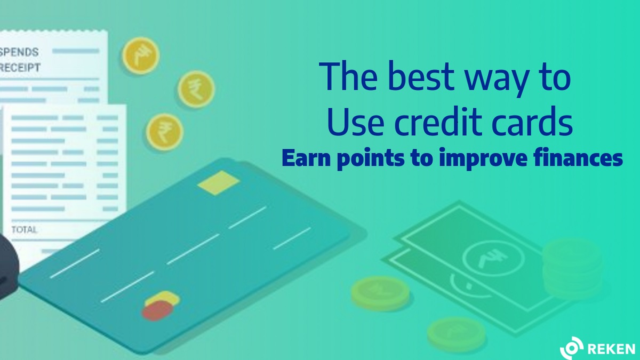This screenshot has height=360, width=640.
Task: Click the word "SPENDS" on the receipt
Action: [19, 52]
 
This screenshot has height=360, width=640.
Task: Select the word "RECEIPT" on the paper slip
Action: [20, 68]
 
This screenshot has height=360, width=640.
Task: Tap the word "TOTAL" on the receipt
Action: [24, 229]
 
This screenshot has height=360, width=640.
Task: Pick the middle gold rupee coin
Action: [196, 89]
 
